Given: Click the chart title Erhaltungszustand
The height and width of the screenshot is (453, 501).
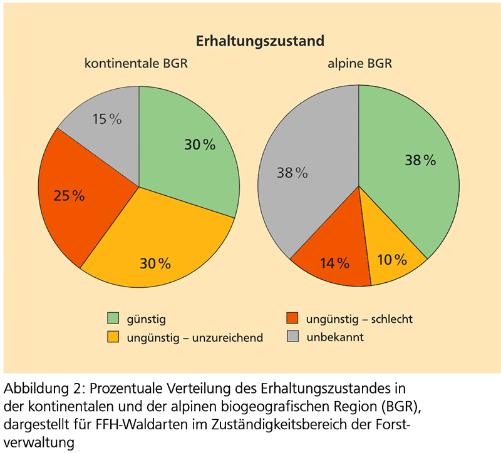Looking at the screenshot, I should tap(260, 41).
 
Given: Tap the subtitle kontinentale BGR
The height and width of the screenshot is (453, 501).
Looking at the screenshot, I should tap(137, 64).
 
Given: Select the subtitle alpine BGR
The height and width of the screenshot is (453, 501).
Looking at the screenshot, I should tap(360, 64).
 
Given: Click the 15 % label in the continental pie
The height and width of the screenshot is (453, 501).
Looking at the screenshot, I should tap(107, 119).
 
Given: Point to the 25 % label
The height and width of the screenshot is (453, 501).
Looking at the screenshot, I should tap(69, 196).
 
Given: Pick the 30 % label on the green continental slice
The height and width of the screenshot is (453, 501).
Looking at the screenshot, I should tap(200, 145).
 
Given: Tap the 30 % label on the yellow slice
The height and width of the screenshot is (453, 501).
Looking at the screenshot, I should tap(155, 263).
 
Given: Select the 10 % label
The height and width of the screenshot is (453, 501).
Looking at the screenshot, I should tap(393, 259).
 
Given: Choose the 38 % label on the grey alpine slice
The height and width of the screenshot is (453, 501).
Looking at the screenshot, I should tap(292, 173).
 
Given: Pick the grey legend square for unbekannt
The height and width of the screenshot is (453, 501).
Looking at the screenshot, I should tap(292, 337).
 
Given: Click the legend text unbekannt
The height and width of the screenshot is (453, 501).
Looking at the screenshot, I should tap(335, 337).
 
